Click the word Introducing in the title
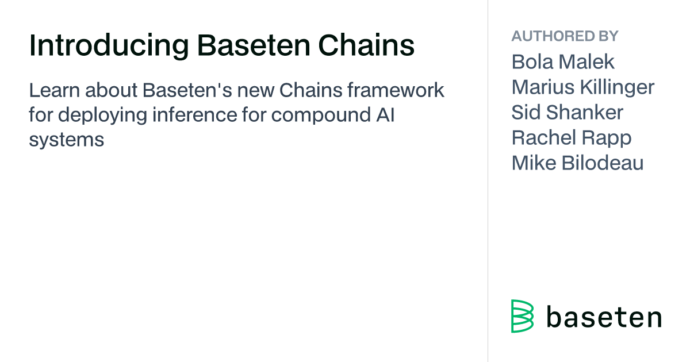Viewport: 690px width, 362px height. click(109, 45)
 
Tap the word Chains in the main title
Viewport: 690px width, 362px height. click(366, 45)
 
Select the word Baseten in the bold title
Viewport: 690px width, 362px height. click(254, 45)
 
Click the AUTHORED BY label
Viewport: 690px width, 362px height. click(565, 36)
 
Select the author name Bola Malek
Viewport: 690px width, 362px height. click(563, 61)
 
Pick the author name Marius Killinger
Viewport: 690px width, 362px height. click(583, 87)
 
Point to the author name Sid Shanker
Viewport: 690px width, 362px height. click(567, 112)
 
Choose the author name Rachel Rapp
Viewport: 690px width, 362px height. click(572, 137)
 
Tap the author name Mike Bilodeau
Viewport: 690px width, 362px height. click(577, 163)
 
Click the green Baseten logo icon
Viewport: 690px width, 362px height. click(523, 316)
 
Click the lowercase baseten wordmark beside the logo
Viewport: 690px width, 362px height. click(604, 317)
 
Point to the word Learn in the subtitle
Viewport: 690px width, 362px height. click(55, 90)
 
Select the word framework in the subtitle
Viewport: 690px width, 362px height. click(396, 90)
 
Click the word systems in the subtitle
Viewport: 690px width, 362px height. click(67, 140)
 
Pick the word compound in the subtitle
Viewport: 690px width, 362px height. click(321, 115)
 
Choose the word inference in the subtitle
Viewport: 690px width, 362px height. click(195, 115)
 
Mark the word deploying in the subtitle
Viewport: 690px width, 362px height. click(102, 115)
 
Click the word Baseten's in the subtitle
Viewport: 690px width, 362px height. click(187, 90)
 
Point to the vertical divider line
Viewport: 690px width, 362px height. click(488, 181)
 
